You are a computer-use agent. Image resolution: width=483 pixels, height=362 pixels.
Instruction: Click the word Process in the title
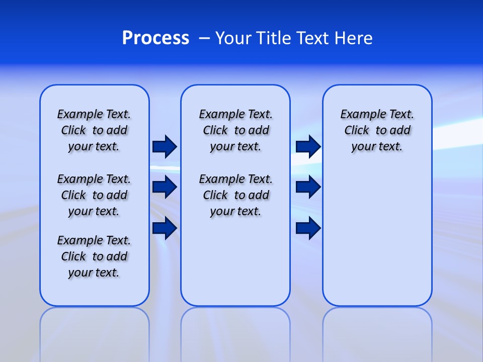pos(155,38)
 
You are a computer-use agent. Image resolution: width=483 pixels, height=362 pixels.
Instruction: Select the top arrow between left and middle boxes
pos(165,147)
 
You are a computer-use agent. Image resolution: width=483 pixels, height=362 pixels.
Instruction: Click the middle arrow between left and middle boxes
pos(165,188)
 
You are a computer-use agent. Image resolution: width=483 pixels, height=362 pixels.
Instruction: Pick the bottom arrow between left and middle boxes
pos(165,228)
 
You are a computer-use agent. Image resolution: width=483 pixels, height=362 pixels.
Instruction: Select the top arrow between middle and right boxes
pos(308,147)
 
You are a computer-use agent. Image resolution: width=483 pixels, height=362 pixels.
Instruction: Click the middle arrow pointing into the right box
pos(308,188)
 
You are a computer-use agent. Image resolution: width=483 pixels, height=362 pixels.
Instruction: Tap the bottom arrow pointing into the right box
pos(308,228)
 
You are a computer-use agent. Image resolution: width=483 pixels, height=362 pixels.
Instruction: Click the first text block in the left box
pos(94,130)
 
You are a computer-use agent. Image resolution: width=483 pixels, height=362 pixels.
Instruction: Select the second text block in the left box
pos(94,195)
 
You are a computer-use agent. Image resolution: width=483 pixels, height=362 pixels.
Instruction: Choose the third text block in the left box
pos(94,256)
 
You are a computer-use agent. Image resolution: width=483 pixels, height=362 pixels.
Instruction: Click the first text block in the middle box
pos(235,130)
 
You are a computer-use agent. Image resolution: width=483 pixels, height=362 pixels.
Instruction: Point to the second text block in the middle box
pos(235,195)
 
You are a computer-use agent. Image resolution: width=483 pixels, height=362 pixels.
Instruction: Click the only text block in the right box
pos(377,130)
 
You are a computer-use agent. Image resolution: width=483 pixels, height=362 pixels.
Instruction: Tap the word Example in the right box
pos(359,115)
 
